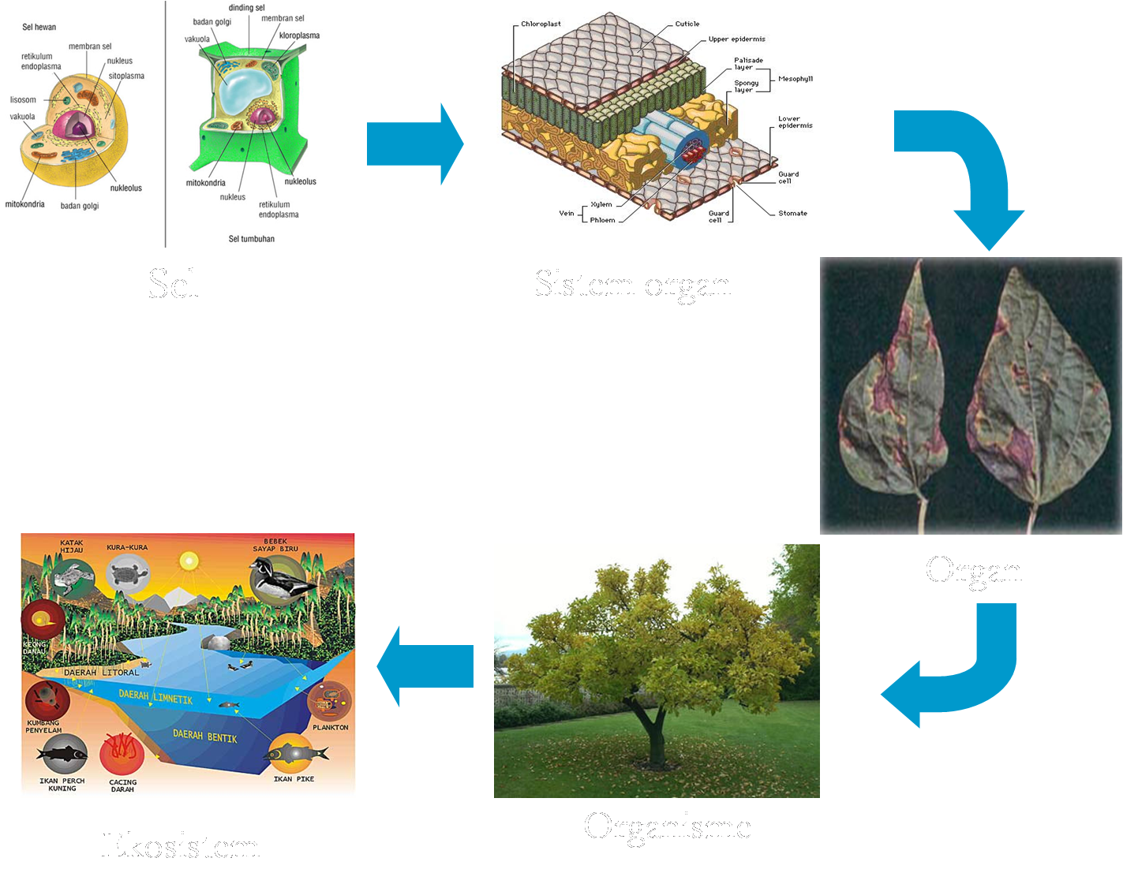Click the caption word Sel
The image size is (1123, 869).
coord(173,284)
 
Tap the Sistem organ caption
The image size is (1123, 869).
coord(632,285)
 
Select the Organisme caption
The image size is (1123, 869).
coord(667,826)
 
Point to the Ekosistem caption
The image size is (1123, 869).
coord(180,845)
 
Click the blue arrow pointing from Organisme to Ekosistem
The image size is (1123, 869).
coord(424,666)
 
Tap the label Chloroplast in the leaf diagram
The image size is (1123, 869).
coord(541,24)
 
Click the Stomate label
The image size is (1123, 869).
coord(792,213)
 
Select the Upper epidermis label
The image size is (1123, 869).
coord(736,39)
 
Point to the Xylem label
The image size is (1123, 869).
coord(601,204)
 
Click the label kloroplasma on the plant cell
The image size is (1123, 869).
coord(299,35)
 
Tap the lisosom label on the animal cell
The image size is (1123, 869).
coord(23,100)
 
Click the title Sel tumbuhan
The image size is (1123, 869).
coord(251,238)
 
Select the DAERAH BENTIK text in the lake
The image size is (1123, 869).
coord(205,736)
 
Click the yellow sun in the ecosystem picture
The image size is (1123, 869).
coord(189,561)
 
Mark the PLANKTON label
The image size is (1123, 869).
coord(330,727)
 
